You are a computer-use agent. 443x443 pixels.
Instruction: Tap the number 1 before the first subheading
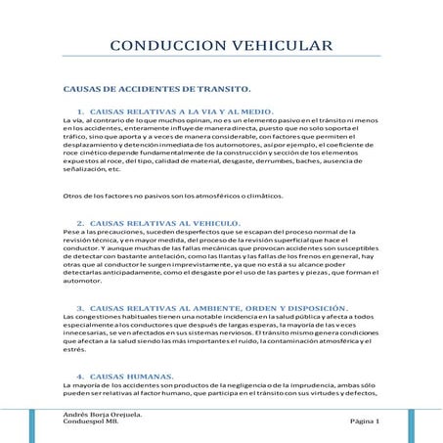click(79, 111)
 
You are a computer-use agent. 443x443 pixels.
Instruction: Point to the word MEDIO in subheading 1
click(255, 111)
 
